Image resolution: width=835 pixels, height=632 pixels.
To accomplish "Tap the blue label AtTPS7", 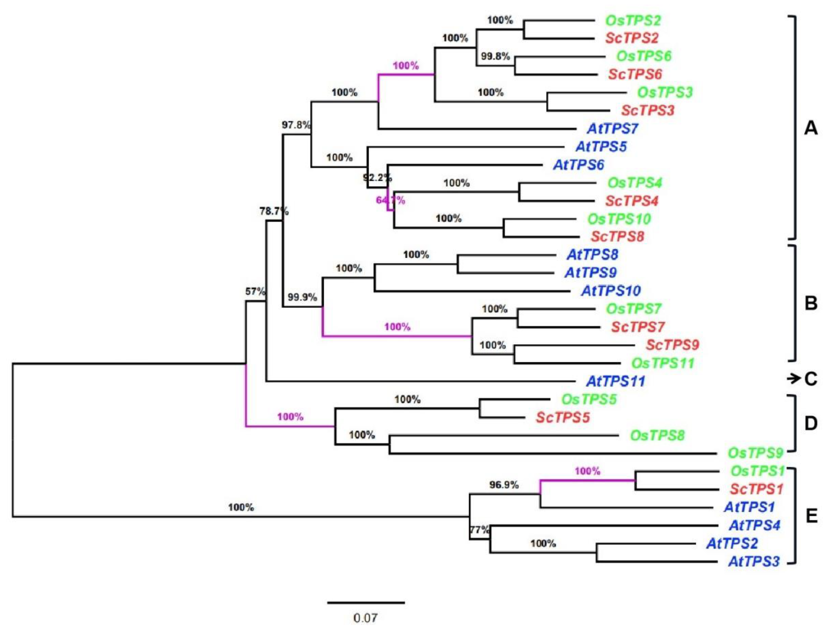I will [612, 129].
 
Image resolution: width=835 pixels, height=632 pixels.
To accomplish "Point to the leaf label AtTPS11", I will [615, 381].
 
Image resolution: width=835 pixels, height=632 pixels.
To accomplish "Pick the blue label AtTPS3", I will [754, 561].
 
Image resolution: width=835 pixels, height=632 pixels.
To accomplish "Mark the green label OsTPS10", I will [619, 219].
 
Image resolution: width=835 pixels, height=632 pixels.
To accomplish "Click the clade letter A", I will [811, 129].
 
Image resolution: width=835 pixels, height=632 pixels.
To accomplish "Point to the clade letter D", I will [811, 424].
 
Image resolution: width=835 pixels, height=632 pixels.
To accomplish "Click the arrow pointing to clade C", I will [794, 378].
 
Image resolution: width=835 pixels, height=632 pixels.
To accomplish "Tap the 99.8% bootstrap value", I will [495, 56].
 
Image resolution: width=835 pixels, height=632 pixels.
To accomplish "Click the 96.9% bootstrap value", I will [504, 485].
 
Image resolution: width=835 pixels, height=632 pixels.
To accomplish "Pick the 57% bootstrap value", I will [255, 292].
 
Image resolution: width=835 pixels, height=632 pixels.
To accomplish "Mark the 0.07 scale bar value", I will [365, 618].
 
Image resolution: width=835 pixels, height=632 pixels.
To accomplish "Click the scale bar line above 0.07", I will [366, 603].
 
